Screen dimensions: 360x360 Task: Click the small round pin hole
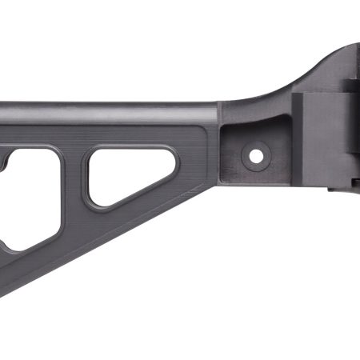(257, 153)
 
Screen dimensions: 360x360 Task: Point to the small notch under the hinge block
(332, 192)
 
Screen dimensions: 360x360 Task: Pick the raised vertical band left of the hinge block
(298, 144)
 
